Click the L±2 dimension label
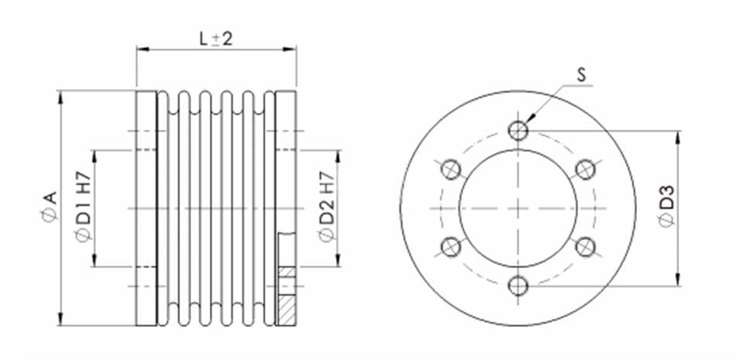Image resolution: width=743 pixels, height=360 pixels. click(x=216, y=39)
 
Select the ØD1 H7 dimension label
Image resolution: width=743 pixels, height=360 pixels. click(x=84, y=207)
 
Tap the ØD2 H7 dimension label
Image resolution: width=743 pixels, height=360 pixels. click(x=327, y=207)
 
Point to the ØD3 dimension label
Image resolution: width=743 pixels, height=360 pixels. click(x=666, y=207)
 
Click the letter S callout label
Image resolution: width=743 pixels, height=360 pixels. click(x=582, y=75)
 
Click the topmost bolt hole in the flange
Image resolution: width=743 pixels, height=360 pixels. click(x=518, y=130)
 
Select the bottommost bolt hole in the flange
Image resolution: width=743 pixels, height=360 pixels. click(x=518, y=286)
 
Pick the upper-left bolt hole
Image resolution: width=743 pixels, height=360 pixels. click(x=450, y=169)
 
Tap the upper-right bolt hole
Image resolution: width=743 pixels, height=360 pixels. click(x=585, y=169)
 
